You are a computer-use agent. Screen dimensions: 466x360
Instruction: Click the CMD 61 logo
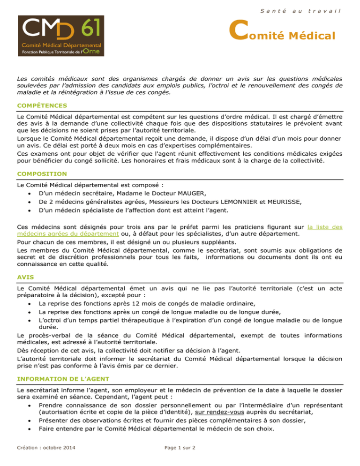pyautogui.click(x=56, y=36)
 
